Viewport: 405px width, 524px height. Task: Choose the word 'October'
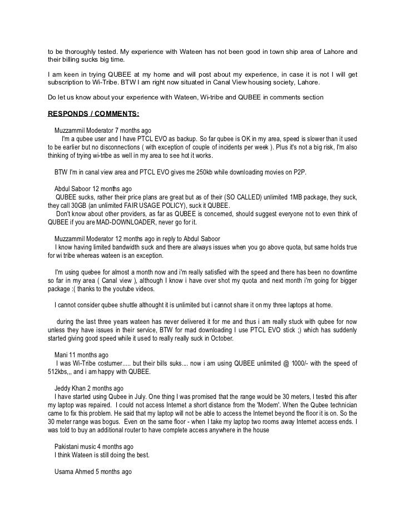[x=223, y=338]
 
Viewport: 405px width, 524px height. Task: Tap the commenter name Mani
[x=61, y=355]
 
